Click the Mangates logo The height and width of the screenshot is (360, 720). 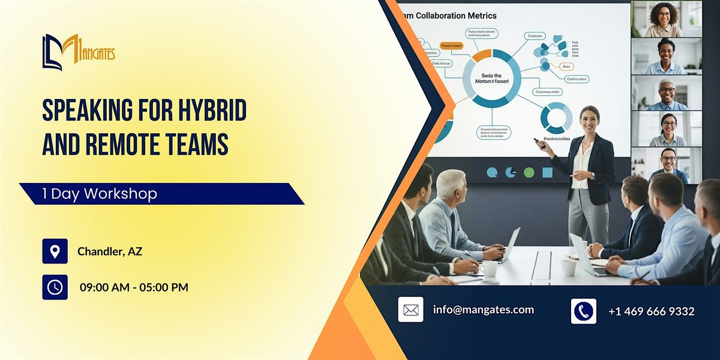(x=78, y=52)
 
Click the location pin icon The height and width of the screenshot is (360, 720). (x=55, y=251)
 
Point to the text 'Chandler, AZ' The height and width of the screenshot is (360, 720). (x=110, y=251)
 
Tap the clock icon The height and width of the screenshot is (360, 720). (x=55, y=287)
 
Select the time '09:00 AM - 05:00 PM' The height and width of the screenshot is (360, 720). (x=134, y=287)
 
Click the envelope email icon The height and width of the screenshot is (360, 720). (x=410, y=310)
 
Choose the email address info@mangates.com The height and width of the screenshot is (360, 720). (x=484, y=310)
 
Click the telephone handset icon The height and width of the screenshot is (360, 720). (x=583, y=311)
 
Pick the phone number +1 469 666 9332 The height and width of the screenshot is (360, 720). (x=651, y=311)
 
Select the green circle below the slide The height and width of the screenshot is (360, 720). (x=529, y=173)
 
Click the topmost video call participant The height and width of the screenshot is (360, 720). (x=666, y=19)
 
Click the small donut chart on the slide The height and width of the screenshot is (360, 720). (x=556, y=117)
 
